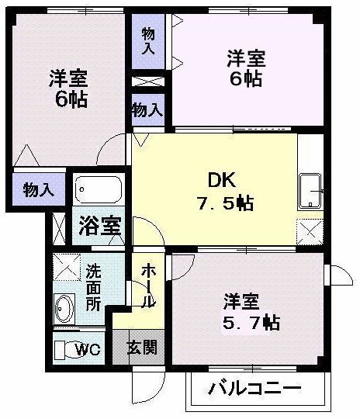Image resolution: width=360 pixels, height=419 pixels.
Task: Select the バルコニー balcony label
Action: coord(254,389)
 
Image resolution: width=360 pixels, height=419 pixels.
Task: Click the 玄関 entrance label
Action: coord(142,347)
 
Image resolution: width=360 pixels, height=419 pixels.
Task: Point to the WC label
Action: coord(88,350)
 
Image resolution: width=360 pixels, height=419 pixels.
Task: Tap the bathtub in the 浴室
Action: coord(99,189)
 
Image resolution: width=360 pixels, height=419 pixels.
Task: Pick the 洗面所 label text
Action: coord(93,287)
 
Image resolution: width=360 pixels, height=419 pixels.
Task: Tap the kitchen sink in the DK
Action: coord(310,191)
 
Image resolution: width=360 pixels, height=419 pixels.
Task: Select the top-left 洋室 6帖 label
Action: coord(68,88)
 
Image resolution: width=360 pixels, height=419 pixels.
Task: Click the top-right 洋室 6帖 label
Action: coord(246,68)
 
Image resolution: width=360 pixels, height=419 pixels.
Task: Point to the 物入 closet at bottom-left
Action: coord(38,189)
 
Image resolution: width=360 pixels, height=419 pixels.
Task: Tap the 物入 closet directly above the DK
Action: coord(147,109)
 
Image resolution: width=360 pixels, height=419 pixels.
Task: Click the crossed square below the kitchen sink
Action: coord(310,230)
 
